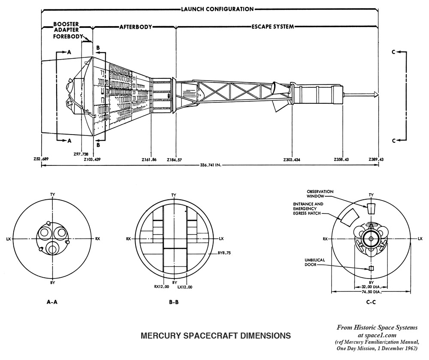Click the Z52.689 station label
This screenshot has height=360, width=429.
click(x=42, y=159)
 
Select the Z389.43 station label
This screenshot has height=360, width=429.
click(x=376, y=159)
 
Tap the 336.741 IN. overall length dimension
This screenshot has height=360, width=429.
click(x=210, y=165)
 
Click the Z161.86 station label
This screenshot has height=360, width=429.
click(x=149, y=159)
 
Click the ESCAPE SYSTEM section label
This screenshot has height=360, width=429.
click(x=272, y=27)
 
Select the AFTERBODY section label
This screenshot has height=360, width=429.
click(x=136, y=27)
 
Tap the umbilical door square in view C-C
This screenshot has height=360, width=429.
click(x=372, y=268)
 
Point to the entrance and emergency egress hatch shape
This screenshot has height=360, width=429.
click(x=348, y=217)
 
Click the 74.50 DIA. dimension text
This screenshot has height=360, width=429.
click(x=371, y=292)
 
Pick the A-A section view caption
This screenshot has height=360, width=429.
click(x=52, y=302)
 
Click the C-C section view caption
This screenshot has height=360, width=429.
click(x=372, y=302)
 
